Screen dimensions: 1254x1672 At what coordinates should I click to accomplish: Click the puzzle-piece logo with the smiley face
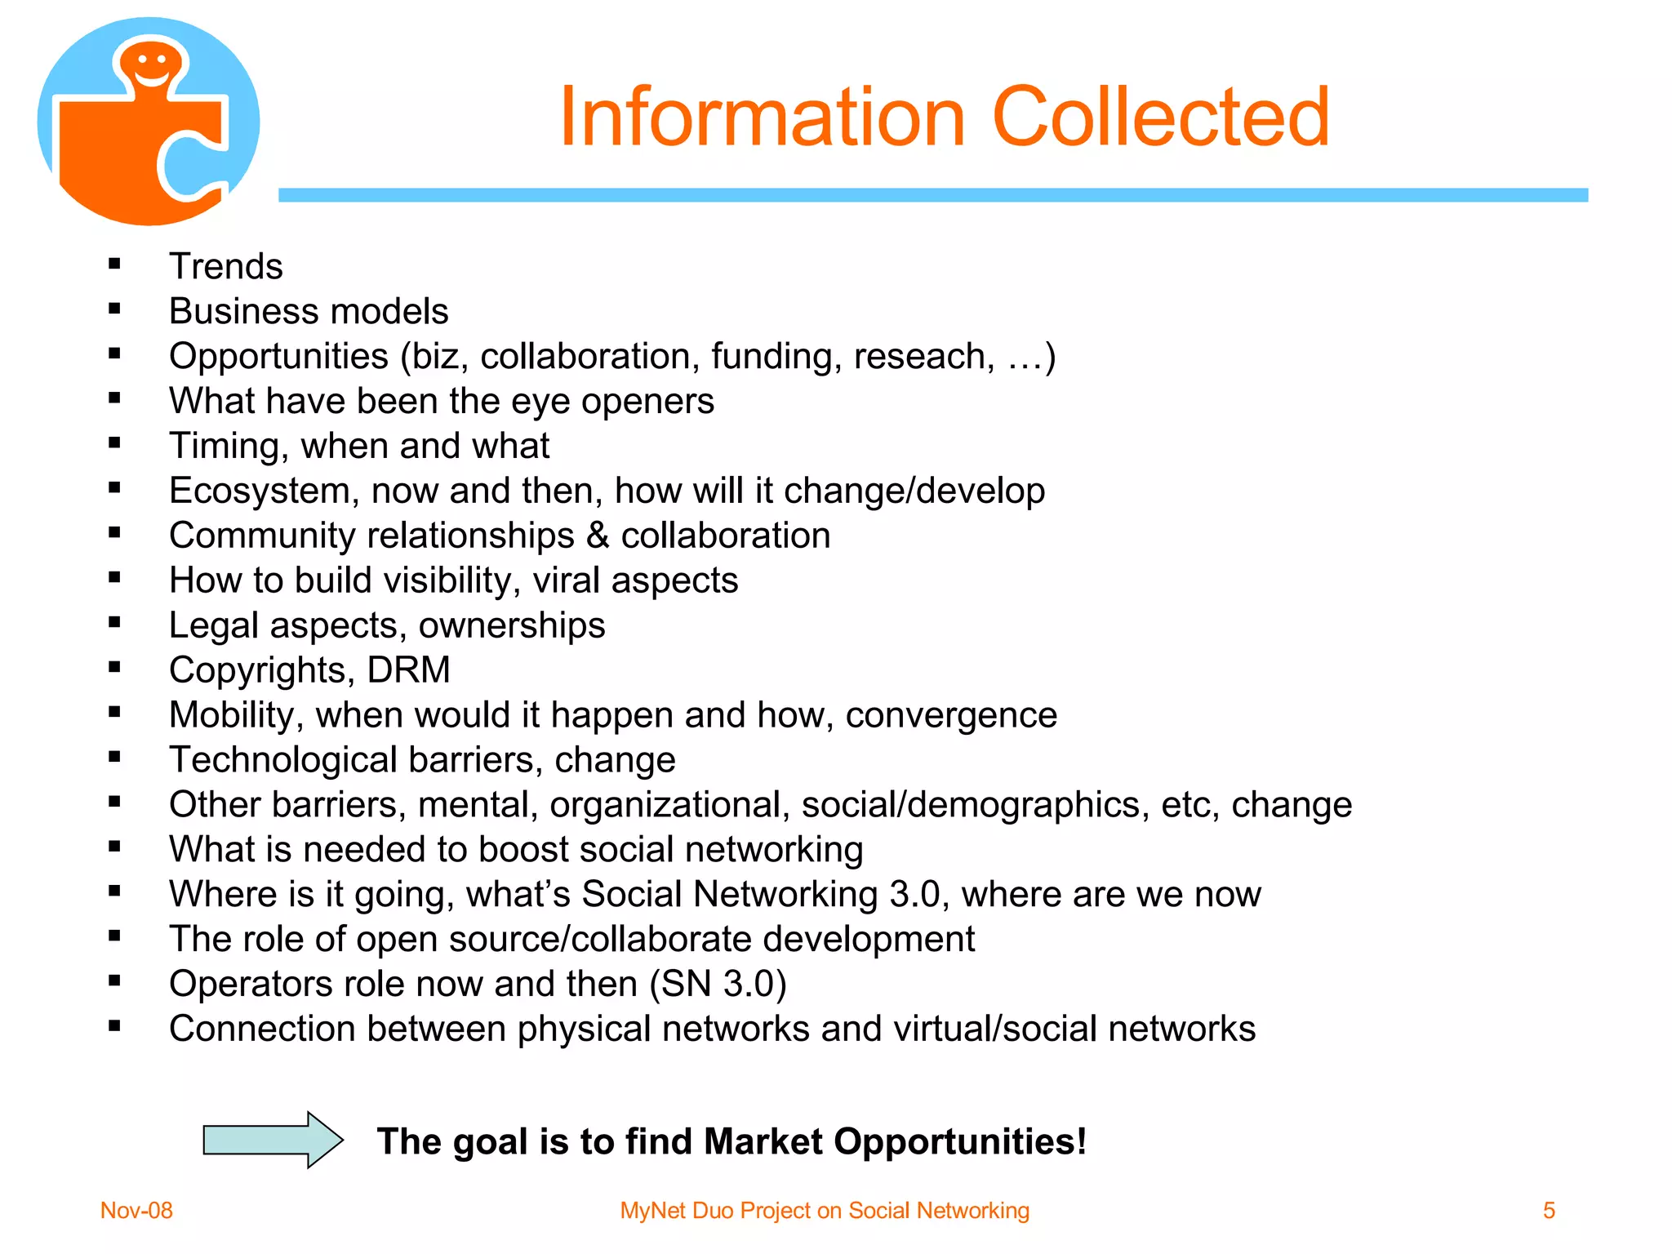pos(149,122)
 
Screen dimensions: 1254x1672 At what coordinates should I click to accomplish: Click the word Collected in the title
pos(1160,118)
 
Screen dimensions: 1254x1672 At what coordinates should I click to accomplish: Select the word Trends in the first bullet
pos(226,267)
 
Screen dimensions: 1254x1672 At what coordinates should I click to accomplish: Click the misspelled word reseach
pos(923,357)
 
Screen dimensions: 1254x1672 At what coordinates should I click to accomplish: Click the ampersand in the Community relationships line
pos(598,536)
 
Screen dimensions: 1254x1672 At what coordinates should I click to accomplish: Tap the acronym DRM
pos(408,670)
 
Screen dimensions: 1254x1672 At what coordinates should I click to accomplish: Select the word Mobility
pos(236,716)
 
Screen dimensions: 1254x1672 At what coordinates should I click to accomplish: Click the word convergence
pos(951,716)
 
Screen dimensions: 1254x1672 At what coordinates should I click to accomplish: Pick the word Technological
pos(282,760)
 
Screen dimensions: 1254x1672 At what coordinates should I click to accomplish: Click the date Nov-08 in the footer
pos(136,1210)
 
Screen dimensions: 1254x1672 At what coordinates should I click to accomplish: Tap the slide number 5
pos(1549,1210)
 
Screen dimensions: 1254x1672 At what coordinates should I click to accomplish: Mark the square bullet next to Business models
pos(114,309)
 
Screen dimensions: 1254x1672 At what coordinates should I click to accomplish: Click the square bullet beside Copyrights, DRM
pos(114,667)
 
